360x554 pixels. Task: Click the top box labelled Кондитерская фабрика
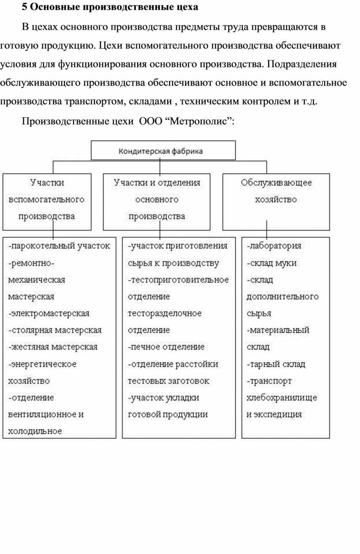(163, 151)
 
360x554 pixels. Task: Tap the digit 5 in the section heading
(24, 7)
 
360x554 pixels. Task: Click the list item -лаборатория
(274, 245)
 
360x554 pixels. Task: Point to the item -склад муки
(271, 263)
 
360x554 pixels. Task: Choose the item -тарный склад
(276, 364)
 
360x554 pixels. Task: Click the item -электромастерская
(49, 313)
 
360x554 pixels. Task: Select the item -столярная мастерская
(55, 330)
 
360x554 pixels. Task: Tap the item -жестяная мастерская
(53, 347)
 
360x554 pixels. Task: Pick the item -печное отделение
(166, 347)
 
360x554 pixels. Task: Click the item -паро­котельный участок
(59, 245)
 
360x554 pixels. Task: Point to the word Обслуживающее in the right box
(276, 183)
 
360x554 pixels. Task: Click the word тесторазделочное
(165, 313)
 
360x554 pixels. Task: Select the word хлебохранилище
(281, 398)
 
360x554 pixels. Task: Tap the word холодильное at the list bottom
(35, 431)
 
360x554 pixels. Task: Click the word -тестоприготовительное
(178, 280)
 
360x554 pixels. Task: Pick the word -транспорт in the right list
(269, 381)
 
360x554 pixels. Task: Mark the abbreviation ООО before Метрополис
(150, 121)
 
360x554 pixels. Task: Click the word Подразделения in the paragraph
(302, 64)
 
